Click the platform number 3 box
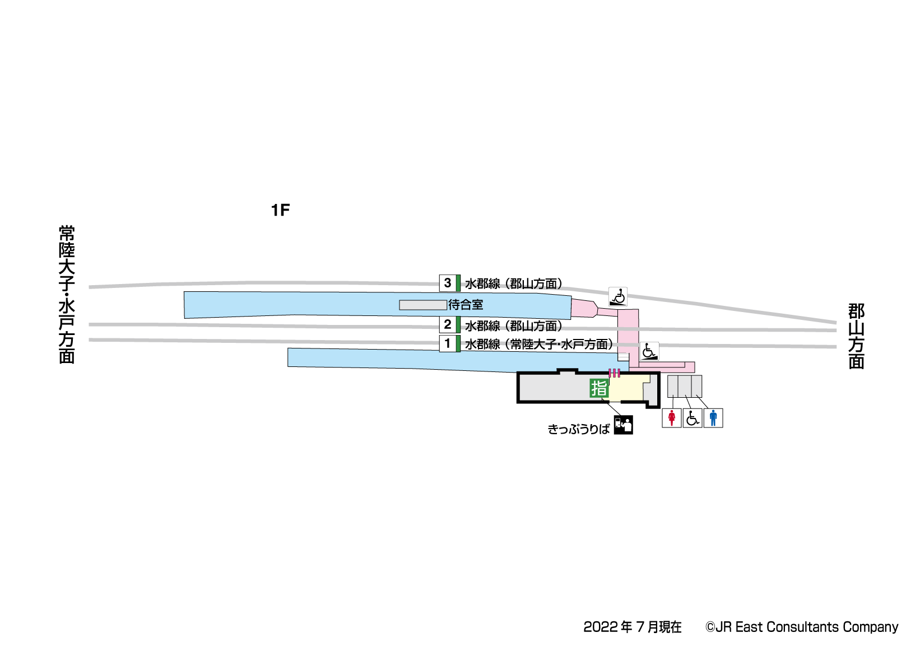(x=448, y=283)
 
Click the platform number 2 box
(x=448, y=324)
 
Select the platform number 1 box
(x=448, y=343)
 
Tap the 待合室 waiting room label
(x=466, y=305)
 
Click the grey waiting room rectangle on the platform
(x=422, y=305)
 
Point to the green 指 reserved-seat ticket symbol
(x=599, y=388)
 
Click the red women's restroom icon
(x=672, y=418)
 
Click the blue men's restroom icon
(x=713, y=418)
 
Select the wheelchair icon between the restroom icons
(x=693, y=418)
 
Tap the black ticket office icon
(x=623, y=425)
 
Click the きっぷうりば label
(x=578, y=429)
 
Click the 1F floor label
(x=280, y=210)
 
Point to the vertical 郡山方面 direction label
(x=856, y=336)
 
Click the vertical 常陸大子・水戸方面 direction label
(x=67, y=295)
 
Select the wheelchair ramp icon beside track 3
(x=618, y=296)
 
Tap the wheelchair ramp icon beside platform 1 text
(x=649, y=351)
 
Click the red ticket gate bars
(x=615, y=373)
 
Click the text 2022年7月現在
(x=633, y=627)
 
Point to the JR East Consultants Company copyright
(x=802, y=627)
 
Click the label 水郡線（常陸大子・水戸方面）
(x=539, y=344)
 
